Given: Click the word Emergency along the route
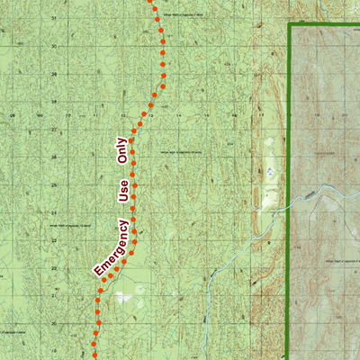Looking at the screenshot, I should point(110,247).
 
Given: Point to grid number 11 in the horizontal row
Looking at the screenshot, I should point(94,114).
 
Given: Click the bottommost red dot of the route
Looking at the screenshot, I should point(93,343).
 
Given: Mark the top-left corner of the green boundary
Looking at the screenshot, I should point(288,27).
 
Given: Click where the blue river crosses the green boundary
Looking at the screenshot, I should point(288,205).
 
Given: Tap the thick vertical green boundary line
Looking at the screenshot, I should point(288,270).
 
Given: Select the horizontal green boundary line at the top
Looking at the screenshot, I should point(324,27).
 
